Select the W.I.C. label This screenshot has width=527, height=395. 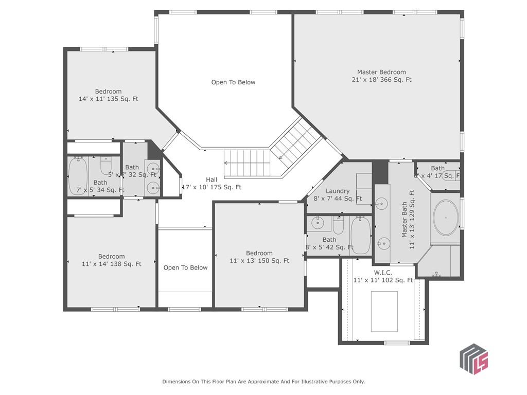[383, 272]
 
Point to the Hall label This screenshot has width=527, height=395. [212, 180]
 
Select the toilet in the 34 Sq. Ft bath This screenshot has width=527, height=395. [106, 166]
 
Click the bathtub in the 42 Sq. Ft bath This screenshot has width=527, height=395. [360, 236]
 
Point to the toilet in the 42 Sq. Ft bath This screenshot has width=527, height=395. [338, 225]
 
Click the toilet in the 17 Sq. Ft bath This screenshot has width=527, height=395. [452, 175]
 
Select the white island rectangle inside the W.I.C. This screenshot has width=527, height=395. [384, 312]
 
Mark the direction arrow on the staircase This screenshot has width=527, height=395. [226, 163]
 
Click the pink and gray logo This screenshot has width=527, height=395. [473, 358]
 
